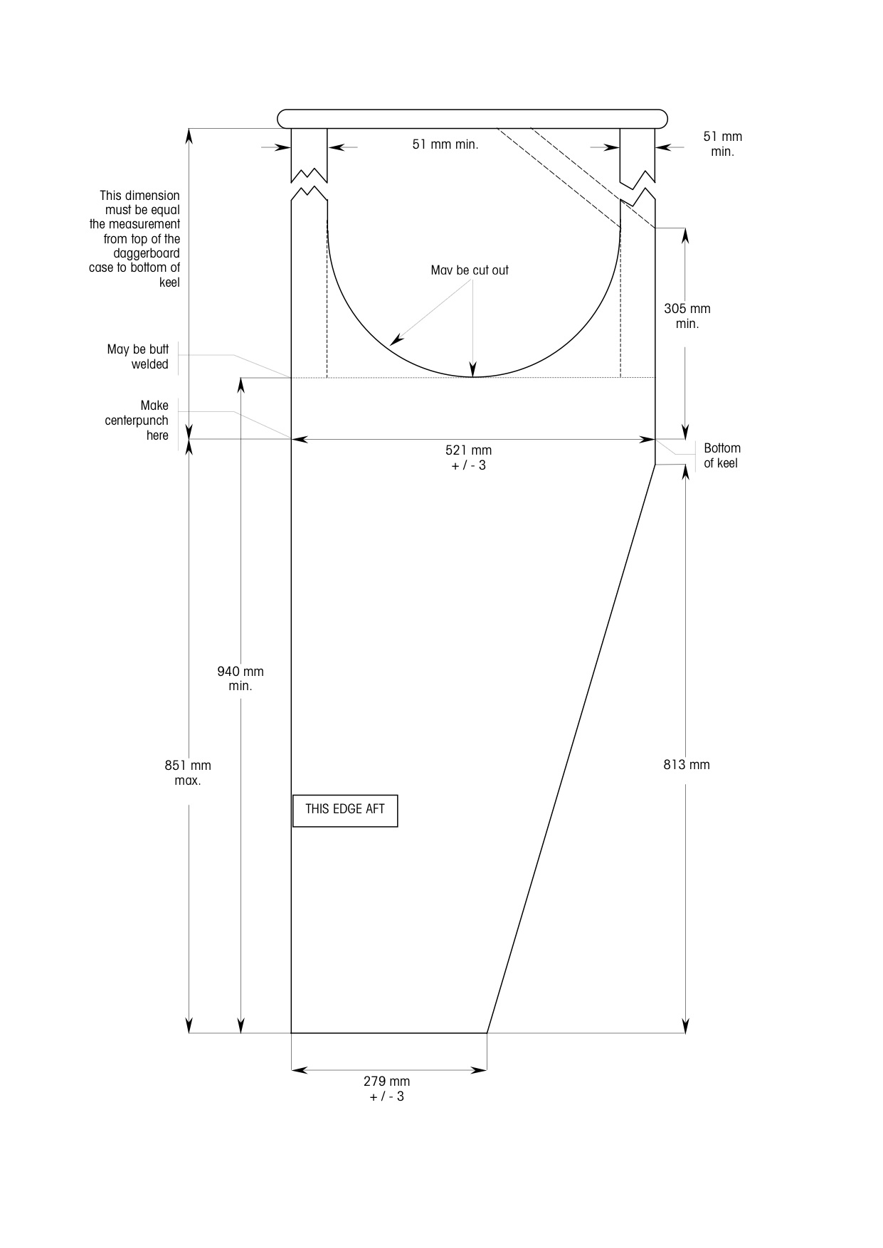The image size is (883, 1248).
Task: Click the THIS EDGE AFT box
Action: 345,810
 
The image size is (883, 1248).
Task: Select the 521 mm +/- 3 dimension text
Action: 468,458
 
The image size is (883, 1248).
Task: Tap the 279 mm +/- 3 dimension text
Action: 386,1089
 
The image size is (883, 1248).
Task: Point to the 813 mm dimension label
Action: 687,765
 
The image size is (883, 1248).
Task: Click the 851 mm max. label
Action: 188,773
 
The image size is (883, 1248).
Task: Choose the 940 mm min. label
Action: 240,679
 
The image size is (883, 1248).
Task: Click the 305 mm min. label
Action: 687,316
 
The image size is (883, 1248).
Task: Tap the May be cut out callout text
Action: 470,270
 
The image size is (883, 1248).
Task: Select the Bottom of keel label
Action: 722,455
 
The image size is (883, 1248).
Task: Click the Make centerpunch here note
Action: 137,421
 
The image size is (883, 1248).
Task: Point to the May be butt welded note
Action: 138,356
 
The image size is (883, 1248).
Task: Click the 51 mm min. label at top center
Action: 445,144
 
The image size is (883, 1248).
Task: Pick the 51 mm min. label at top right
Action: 722,144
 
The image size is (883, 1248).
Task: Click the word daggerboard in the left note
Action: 147,253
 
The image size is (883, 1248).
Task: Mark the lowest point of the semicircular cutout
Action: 473,376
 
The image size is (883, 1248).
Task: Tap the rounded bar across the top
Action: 472,119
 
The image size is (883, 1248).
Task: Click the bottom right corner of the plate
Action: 487,1032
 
